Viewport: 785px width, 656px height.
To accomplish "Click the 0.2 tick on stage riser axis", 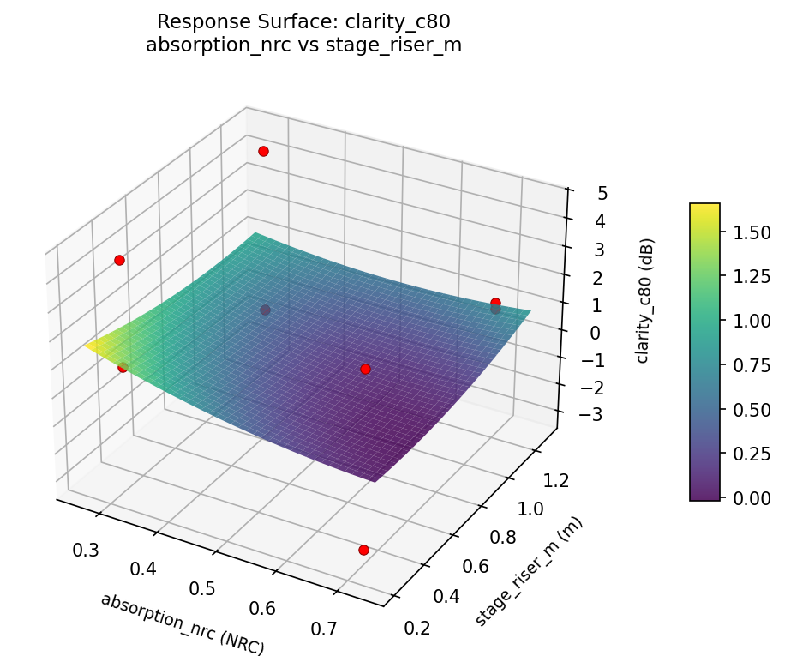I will click(x=418, y=629).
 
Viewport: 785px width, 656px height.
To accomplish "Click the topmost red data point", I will click(x=263, y=151).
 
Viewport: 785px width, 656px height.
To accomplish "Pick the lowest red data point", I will click(x=363, y=550).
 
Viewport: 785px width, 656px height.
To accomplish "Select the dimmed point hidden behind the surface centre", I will click(x=265, y=310).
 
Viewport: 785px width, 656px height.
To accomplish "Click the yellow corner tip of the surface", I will click(x=87, y=346).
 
